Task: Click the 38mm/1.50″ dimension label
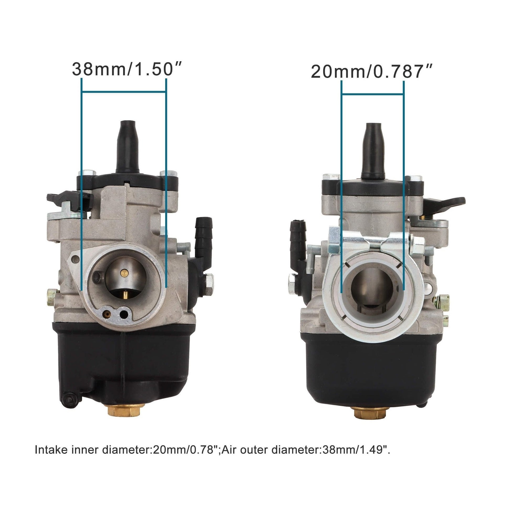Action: pyautogui.click(x=127, y=69)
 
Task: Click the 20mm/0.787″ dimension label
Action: pyautogui.click(x=371, y=72)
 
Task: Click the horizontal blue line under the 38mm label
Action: pyautogui.click(x=124, y=92)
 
